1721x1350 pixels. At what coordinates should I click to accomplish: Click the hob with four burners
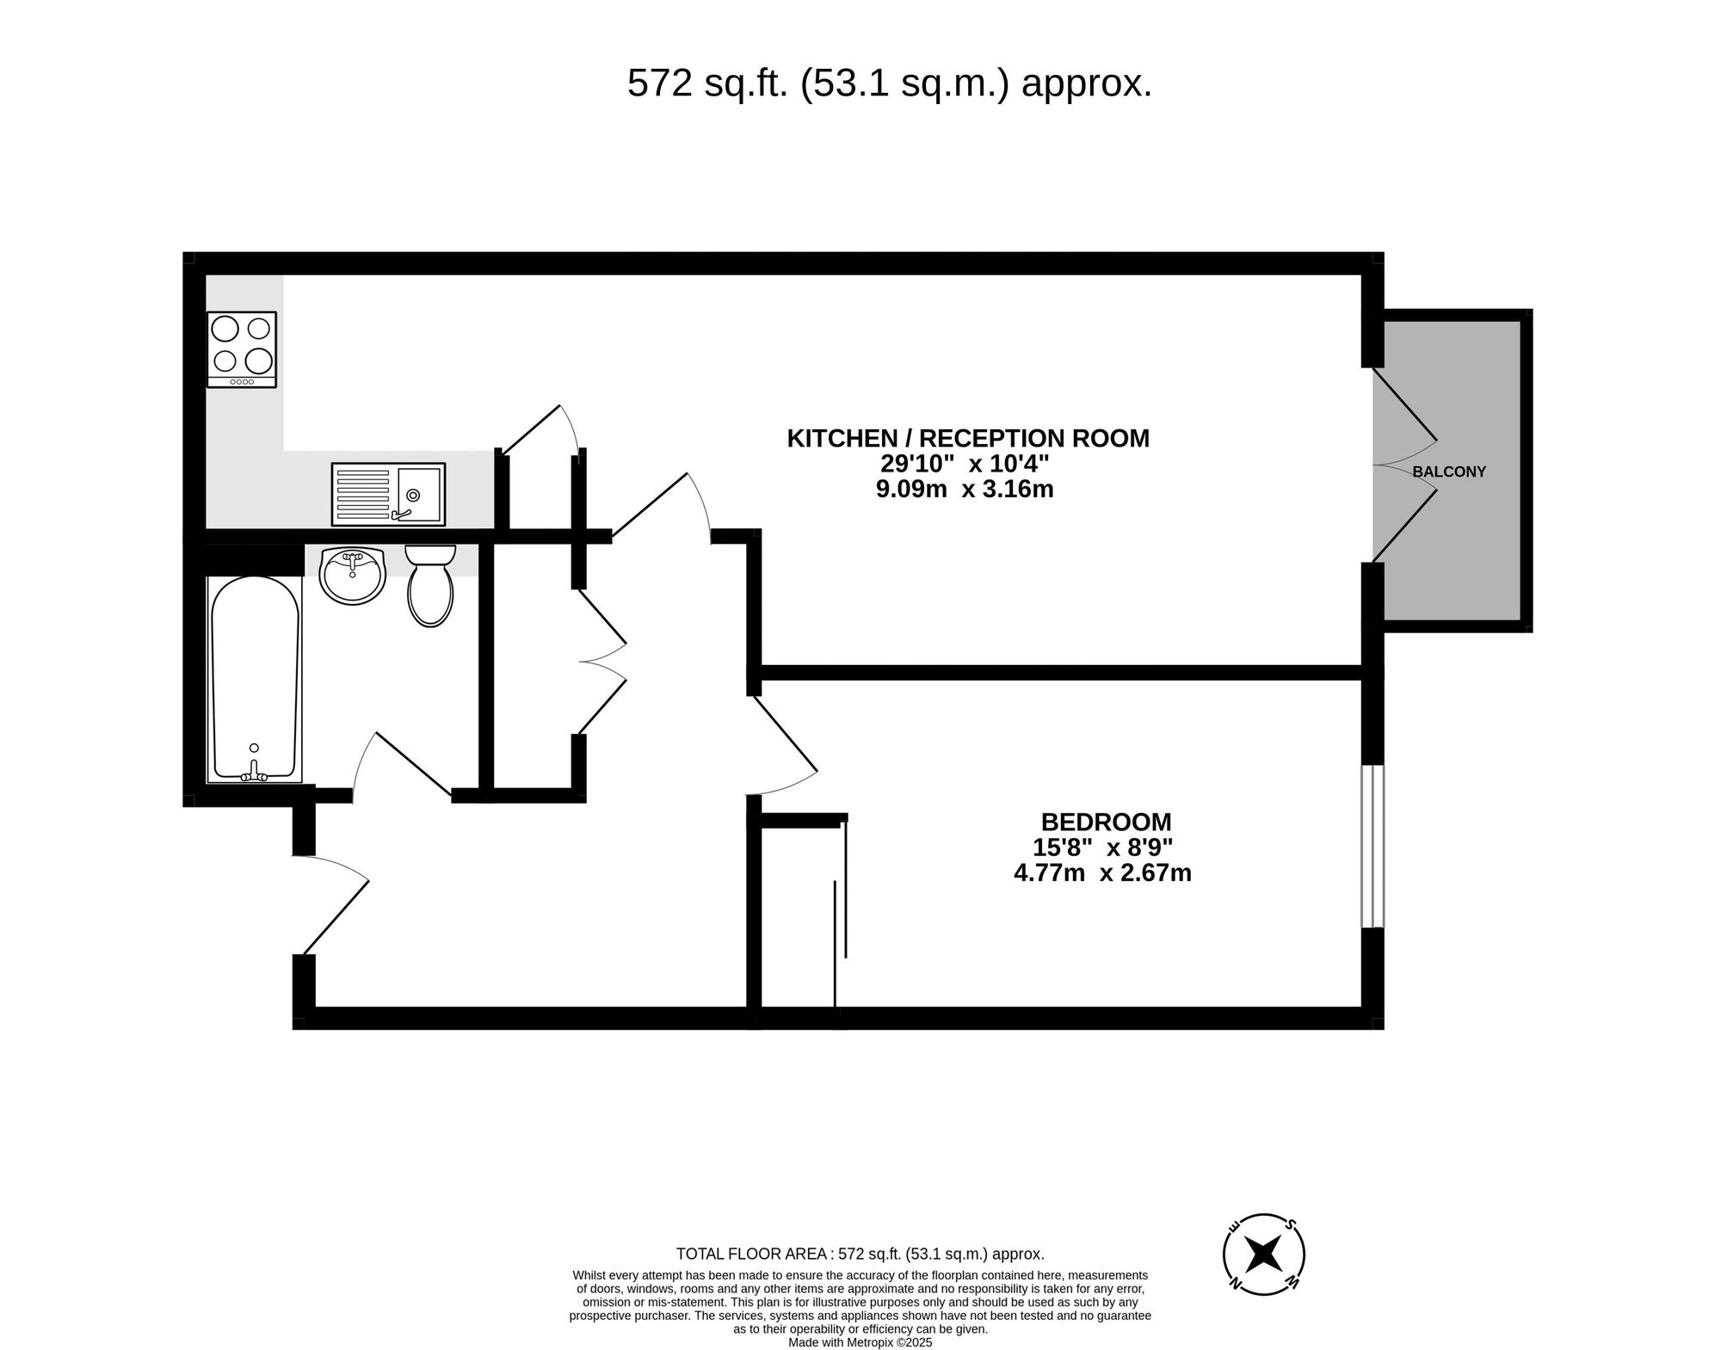click(242, 348)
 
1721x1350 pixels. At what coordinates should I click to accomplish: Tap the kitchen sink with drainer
click(388, 494)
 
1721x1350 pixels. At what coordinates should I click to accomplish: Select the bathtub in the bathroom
click(256, 679)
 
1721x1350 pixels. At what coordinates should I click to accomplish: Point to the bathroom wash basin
click(352, 575)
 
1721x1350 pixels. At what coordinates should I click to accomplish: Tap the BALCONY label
click(1449, 472)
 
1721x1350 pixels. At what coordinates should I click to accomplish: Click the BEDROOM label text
click(1106, 822)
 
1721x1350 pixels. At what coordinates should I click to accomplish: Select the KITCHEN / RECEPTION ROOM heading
click(968, 438)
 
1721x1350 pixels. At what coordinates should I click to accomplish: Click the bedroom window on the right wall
click(1372, 846)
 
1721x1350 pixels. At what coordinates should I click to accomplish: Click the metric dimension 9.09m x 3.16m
click(965, 490)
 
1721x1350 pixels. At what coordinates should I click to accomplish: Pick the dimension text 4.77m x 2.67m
click(1102, 873)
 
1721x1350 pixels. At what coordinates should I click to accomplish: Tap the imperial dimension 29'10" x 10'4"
click(965, 464)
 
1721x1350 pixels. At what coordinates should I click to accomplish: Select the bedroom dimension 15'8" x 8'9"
click(1102, 848)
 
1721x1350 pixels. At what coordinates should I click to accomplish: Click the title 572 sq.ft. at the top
click(889, 84)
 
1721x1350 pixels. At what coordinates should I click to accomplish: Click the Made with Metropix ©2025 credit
click(860, 1342)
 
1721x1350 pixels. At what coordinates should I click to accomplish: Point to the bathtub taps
click(254, 773)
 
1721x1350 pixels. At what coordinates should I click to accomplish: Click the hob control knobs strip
click(242, 381)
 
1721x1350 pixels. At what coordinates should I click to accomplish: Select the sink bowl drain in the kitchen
click(414, 495)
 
